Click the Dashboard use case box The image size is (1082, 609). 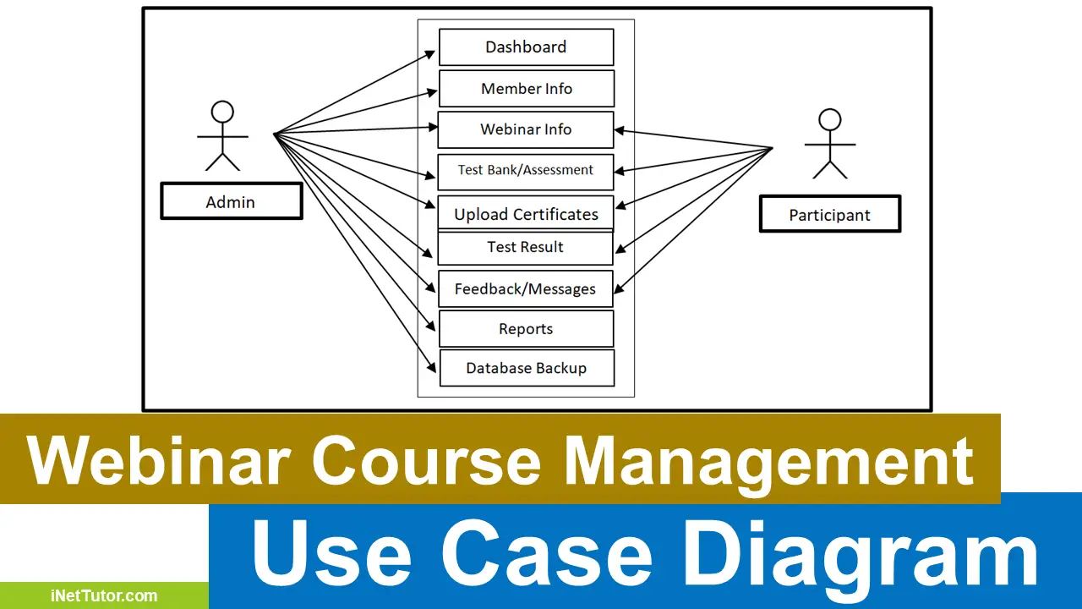(x=526, y=47)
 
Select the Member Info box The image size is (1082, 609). (x=526, y=89)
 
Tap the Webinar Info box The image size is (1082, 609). (x=526, y=129)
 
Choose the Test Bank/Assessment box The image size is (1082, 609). (x=526, y=171)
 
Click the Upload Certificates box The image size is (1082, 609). (x=526, y=214)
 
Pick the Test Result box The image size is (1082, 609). (x=526, y=248)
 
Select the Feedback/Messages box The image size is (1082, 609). (x=526, y=289)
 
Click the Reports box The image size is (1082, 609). (x=526, y=329)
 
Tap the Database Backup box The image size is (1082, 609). (x=526, y=369)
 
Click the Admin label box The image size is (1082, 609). (x=231, y=202)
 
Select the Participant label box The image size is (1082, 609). (x=829, y=215)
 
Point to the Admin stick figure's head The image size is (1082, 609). (x=222, y=112)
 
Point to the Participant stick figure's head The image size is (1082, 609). (x=829, y=120)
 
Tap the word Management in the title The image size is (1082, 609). (x=769, y=460)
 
